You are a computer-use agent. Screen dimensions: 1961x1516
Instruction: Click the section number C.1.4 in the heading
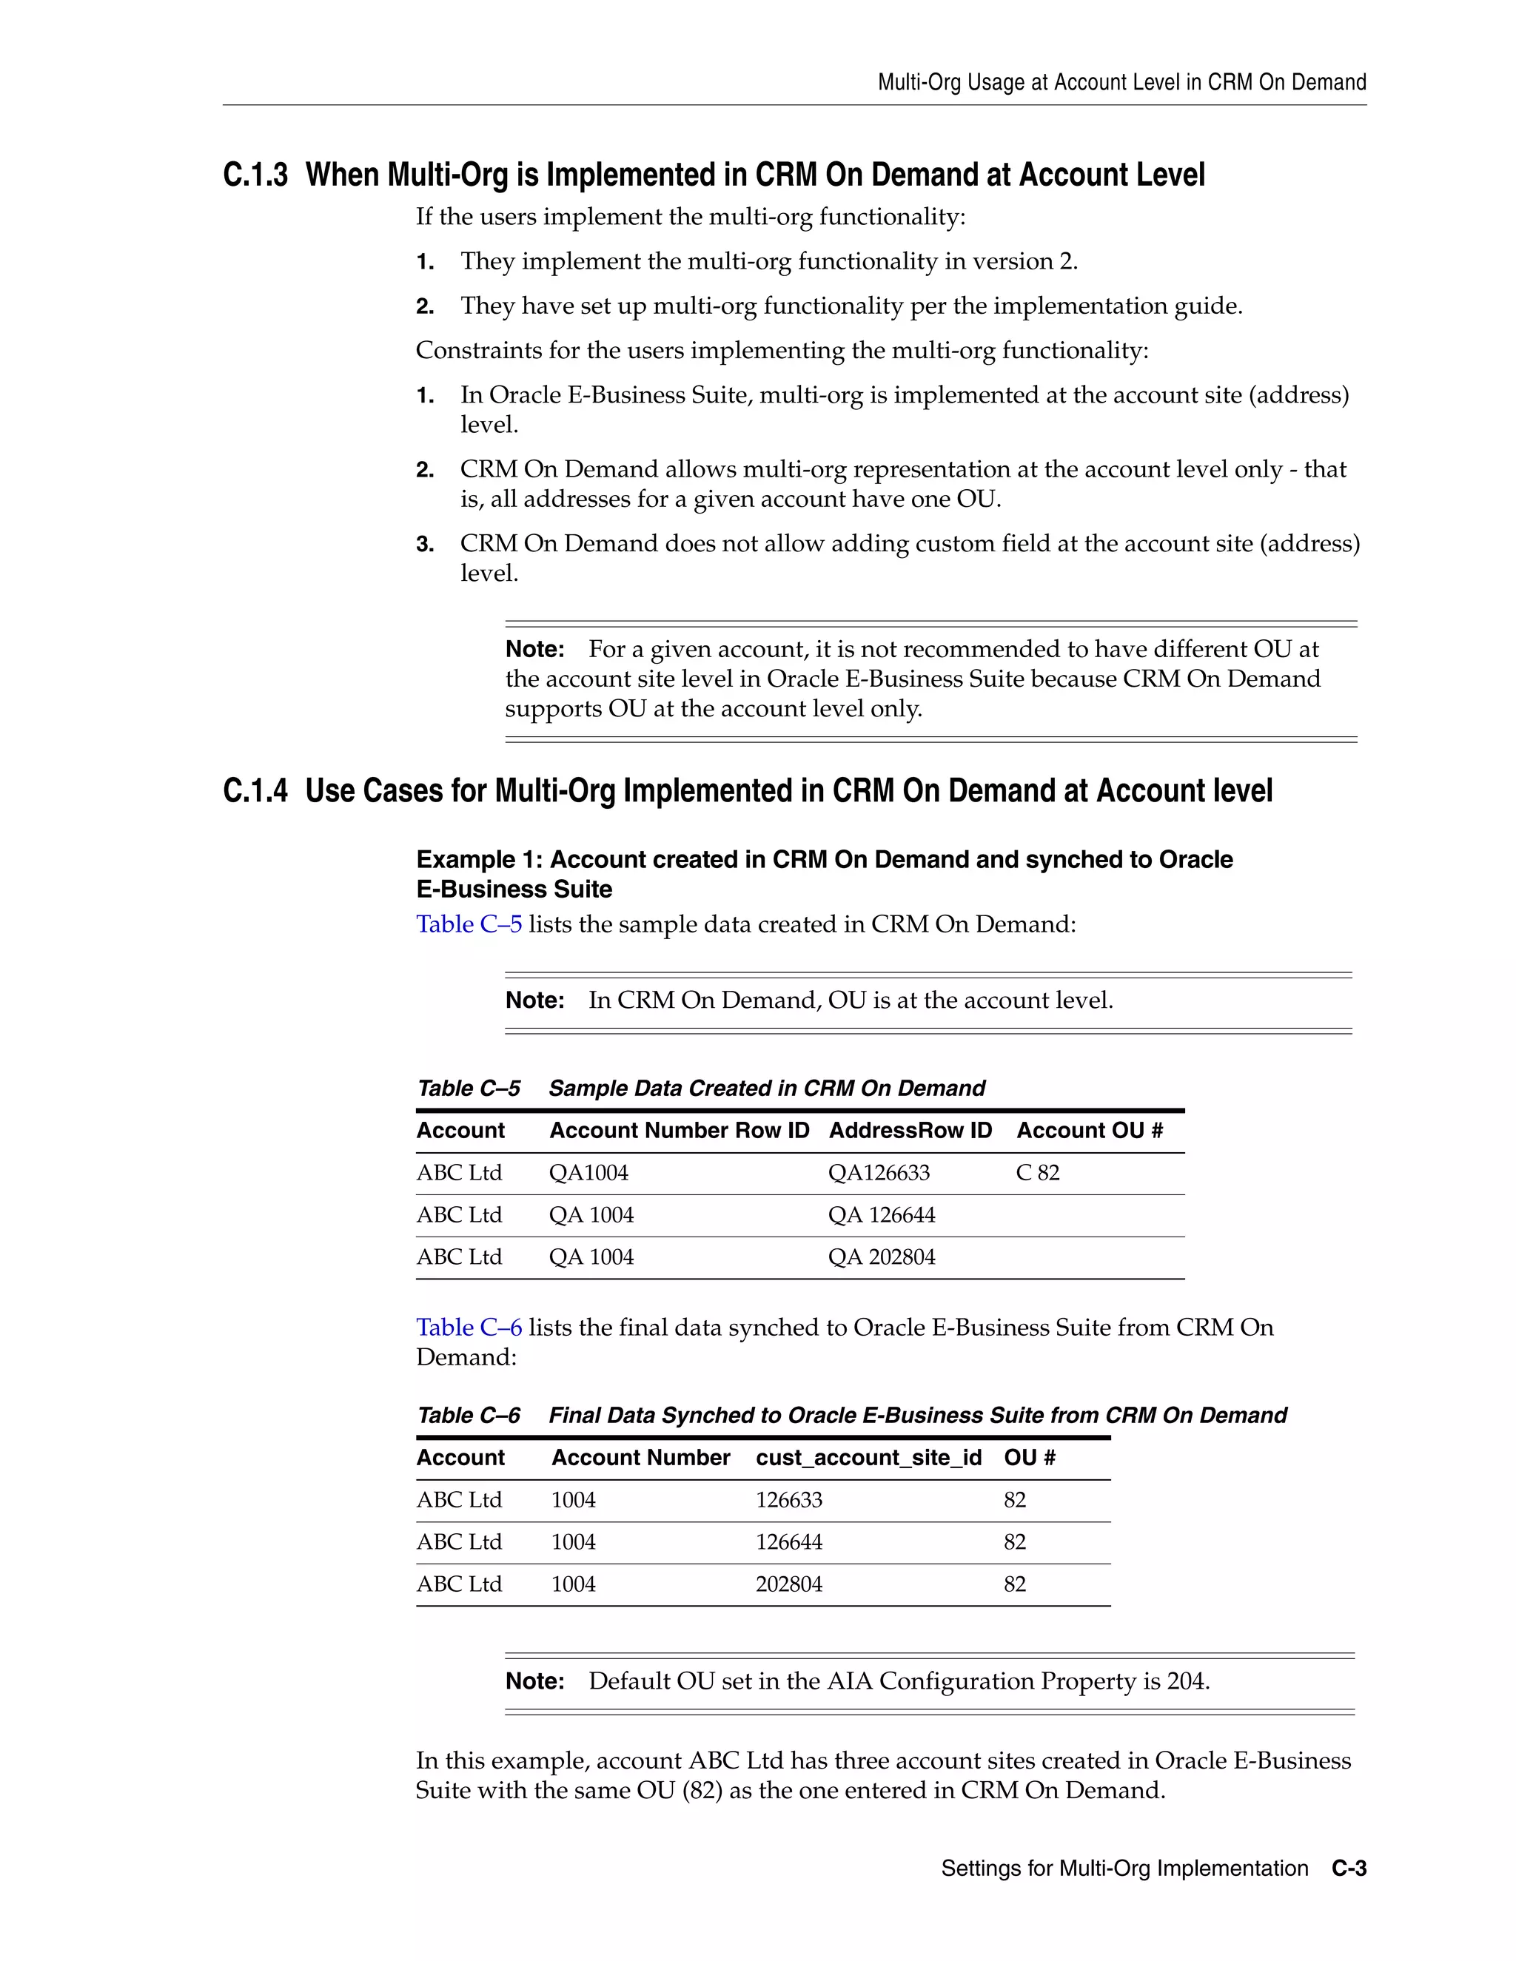click(255, 791)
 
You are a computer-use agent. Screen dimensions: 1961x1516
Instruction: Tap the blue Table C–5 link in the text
click(469, 924)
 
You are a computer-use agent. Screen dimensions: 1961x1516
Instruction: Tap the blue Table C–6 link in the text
click(469, 1327)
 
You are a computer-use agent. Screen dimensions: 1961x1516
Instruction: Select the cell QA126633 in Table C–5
click(879, 1173)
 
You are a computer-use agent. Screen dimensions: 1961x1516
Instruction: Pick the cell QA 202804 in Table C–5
click(881, 1257)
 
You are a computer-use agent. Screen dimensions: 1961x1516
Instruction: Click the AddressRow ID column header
click(910, 1131)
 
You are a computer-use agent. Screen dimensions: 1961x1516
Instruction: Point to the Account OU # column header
click(1090, 1131)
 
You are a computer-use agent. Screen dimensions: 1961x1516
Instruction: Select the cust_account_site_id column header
click(868, 1457)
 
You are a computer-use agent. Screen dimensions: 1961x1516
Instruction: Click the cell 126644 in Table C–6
click(788, 1541)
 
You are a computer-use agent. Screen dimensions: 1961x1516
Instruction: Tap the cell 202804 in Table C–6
click(788, 1584)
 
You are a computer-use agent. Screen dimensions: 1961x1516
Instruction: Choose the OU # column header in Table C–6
click(1029, 1457)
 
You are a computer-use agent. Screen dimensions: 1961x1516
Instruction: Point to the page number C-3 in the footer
click(1349, 1868)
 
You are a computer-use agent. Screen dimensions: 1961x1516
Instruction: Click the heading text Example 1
click(479, 859)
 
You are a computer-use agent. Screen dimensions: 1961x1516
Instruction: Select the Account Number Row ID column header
click(679, 1131)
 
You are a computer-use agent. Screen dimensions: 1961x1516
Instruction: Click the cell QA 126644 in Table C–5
click(881, 1215)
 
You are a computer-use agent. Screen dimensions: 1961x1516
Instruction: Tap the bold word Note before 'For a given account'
click(534, 649)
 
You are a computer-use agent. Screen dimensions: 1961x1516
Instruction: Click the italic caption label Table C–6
click(468, 1415)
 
